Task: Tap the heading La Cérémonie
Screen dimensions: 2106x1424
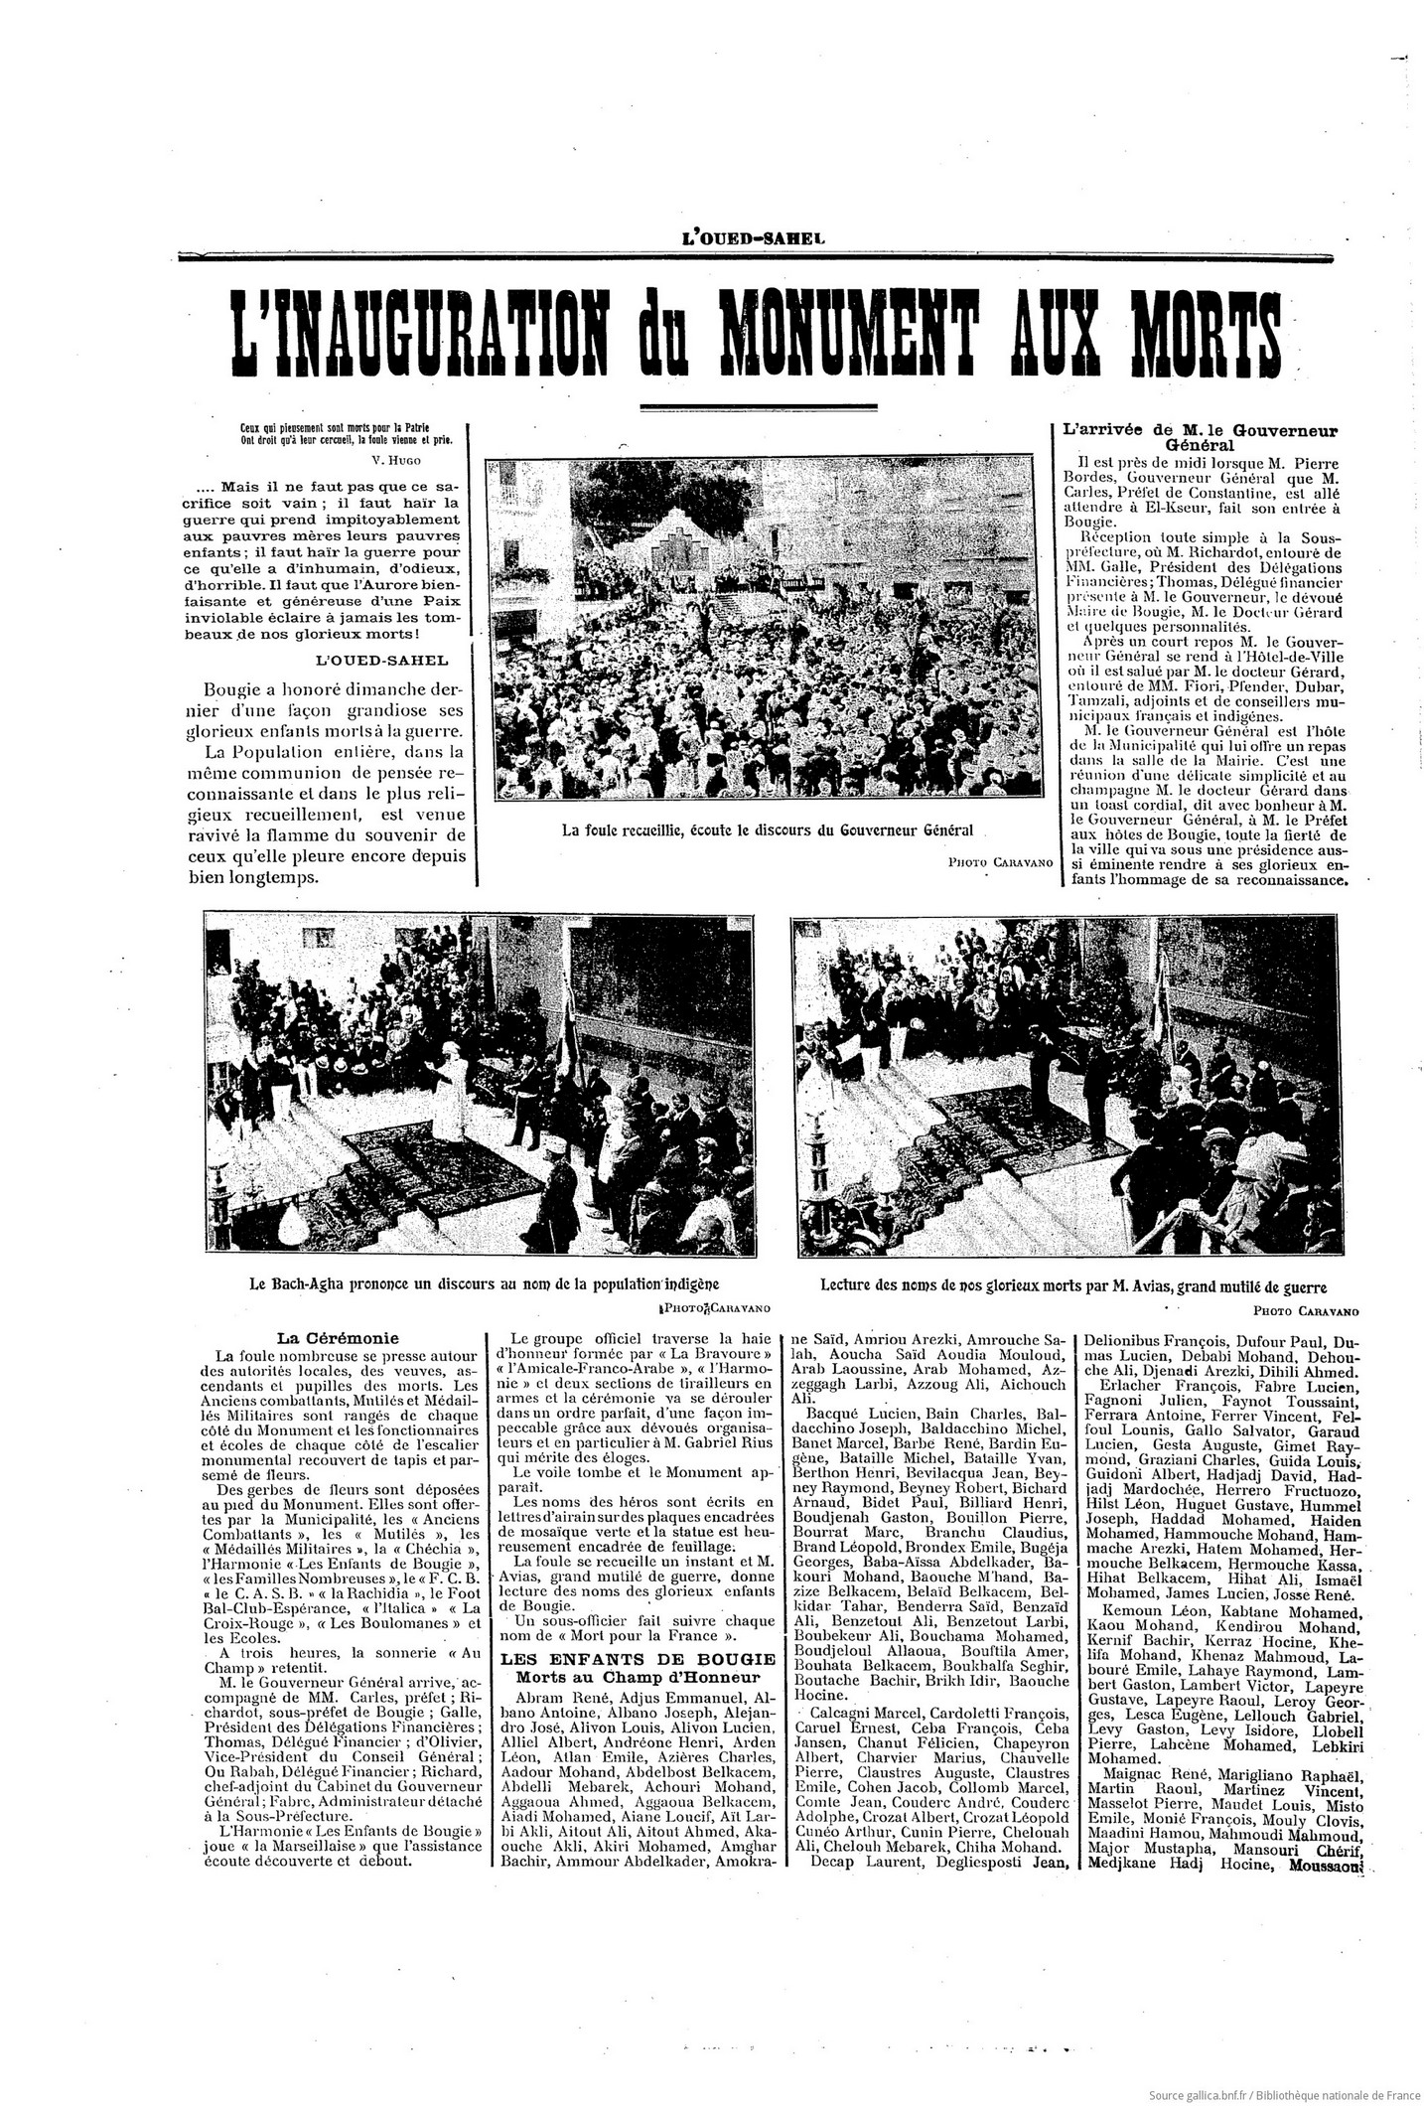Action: pos(322,1337)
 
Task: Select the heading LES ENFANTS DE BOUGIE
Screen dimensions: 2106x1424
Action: pos(639,1658)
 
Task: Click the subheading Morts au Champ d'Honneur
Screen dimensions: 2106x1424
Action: pos(639,1677)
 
